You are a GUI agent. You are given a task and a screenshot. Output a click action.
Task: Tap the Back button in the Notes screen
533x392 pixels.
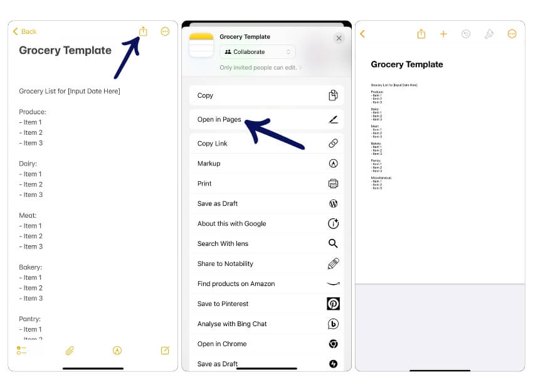click(25, 31)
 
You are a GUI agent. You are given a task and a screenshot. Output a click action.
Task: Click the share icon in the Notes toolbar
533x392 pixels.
click(143, 31)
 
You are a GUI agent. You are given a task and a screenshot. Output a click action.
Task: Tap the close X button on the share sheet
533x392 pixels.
click(339, 38)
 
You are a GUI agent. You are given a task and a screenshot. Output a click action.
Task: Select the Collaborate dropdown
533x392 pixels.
click(257, 52)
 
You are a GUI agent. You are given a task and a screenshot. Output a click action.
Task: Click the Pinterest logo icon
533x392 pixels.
click(333, 304)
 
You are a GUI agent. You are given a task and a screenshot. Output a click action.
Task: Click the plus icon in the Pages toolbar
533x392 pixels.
click(443, 34)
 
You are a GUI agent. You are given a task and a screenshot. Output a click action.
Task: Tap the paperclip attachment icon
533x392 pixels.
click(70, 351)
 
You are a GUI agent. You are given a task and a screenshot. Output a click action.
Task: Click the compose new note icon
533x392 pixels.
click(165, 351)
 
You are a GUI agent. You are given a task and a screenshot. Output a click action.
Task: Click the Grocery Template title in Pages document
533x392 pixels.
click(406, 65)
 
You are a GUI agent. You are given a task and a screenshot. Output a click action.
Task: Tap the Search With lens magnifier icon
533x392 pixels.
click(333, 244)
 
